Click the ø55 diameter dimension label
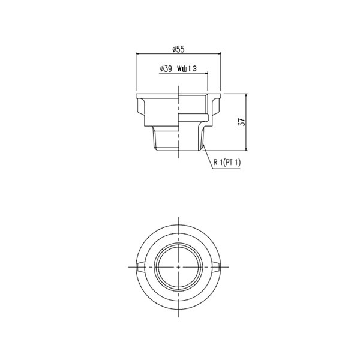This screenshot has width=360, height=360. pos(178,48)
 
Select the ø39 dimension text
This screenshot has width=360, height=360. pos(166,69)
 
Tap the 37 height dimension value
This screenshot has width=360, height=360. pos(241,122)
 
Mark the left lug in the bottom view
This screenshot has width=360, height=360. pos(141,266)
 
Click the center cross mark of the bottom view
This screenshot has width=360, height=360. pos(179,266)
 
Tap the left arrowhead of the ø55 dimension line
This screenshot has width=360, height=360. pos(139,53)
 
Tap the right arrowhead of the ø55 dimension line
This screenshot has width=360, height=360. pos(220,53)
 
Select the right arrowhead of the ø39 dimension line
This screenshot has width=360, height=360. pos(206,74)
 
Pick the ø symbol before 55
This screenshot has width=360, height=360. pos(173,48)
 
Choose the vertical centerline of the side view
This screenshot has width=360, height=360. pos(179,120)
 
